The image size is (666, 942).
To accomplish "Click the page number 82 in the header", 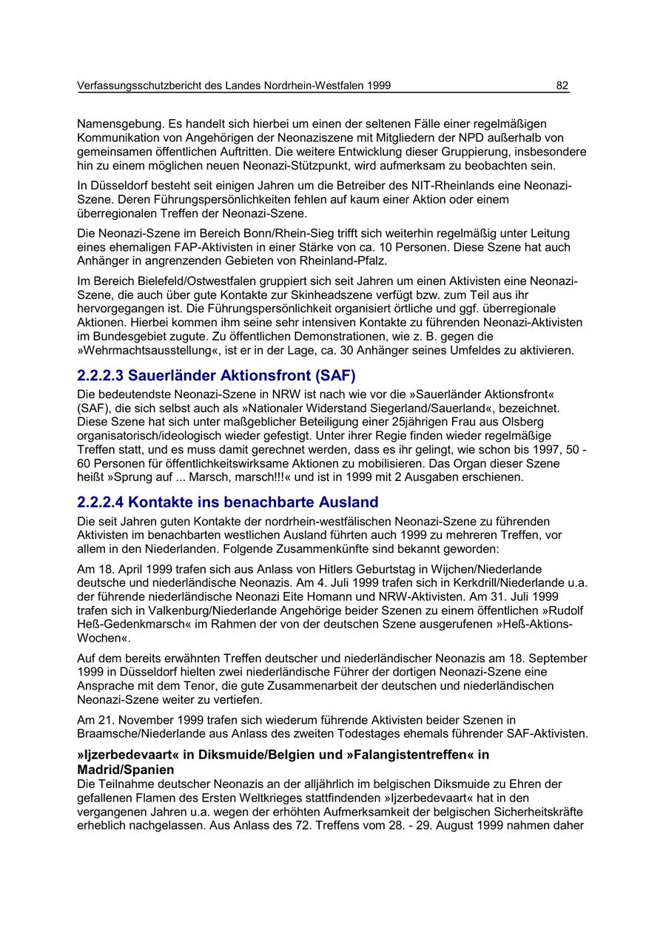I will coord(562,86).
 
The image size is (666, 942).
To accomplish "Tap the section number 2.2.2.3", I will coord(100,376).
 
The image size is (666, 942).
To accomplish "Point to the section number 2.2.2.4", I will coord(100,502).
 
